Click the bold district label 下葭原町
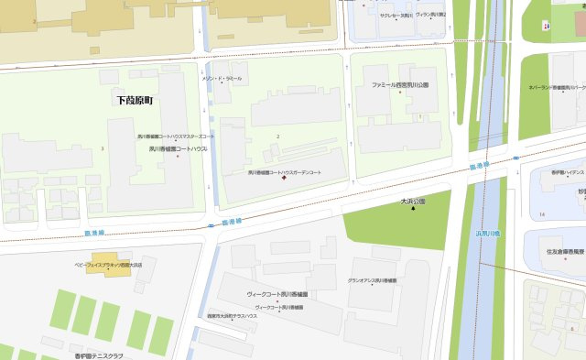tap(135, 99)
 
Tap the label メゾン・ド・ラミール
tap(222, 79)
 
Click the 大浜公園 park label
tap(413, 201)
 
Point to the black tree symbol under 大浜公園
tap(413, 209)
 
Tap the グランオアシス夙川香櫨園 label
tap(372, 280)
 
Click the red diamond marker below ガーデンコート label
tap(284, 179)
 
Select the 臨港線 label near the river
tap(479, 166)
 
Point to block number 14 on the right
tap(542, 213)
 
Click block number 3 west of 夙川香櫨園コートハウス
tap(103, 147)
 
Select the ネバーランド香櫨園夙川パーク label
tap(557, 88)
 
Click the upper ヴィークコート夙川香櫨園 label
tap(281, 294)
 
